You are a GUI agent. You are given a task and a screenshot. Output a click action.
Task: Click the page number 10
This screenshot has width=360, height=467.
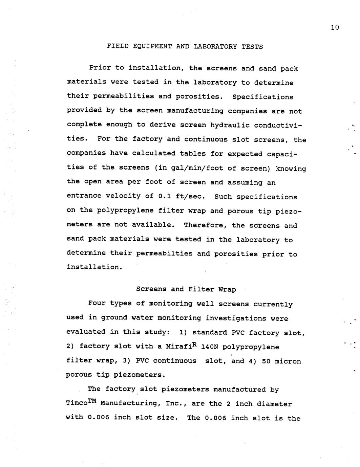tap(335, 27)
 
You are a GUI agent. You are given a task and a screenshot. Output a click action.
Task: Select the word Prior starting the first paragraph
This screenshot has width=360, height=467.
tap(100, 68)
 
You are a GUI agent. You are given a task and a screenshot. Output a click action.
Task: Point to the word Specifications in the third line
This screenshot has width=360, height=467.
tap(263, 97)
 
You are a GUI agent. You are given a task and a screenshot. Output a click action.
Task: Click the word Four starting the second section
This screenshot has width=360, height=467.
tap(97, 303)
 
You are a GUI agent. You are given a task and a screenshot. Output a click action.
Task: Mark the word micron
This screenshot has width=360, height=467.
tap(288, 361)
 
